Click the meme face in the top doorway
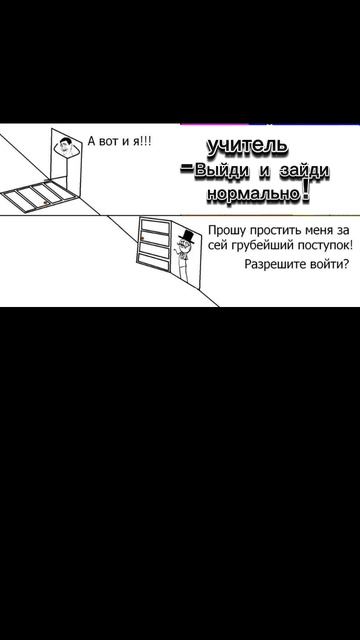click(x=64, y=146)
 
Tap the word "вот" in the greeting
click(x=107, y=142)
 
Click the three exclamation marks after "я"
click(x=145, y=141)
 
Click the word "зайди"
click(x=303, y=171)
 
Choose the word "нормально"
click(x=253, y=193)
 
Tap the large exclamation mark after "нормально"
click(x=304, y=192)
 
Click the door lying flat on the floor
click(x=40, y=196)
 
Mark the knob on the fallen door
click(x=46, y=202)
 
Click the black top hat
click(x=187, y=237)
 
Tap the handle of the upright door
click(x=141, y=238)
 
